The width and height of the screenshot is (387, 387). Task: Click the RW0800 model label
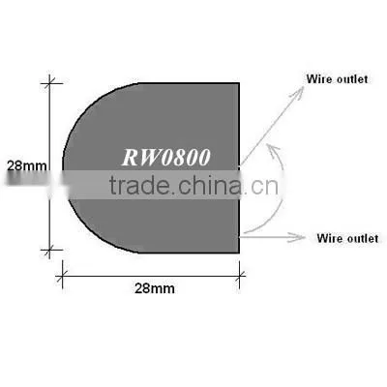click(x=166, y=158)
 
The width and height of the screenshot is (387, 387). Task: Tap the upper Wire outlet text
click(x=337, y=79)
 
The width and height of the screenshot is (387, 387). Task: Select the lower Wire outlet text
click(x=347, y=238)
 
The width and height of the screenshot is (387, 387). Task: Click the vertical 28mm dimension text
click(x=27, y=166)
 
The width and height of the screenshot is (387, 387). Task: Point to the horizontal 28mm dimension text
click(x=155, y=288)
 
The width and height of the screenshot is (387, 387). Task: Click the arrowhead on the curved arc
click(x=274, y=151)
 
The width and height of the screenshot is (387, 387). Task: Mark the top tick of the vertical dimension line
click(x=49, y=83)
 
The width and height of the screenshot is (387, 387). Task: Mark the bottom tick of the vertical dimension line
click(x=49, y=250)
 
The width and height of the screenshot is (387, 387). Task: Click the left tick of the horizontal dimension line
click(x=62, y=276)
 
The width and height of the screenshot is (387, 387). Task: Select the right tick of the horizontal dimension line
click(x=239, y=276)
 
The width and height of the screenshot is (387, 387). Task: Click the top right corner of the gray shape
click(x=239, y=83)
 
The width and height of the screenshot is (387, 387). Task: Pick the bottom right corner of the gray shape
click(x=239, y=253)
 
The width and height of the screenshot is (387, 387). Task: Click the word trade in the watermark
click(x=139, y=185)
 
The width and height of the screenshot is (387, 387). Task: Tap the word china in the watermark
click(x=210, y=185)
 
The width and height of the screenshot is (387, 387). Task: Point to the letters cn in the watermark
click(x=264, y=187)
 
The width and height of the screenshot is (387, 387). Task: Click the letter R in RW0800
click(x=130, y=158)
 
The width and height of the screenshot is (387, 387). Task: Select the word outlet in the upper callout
click(x=352, y=79)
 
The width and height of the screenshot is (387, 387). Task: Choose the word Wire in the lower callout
click(x=329, y=238)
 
